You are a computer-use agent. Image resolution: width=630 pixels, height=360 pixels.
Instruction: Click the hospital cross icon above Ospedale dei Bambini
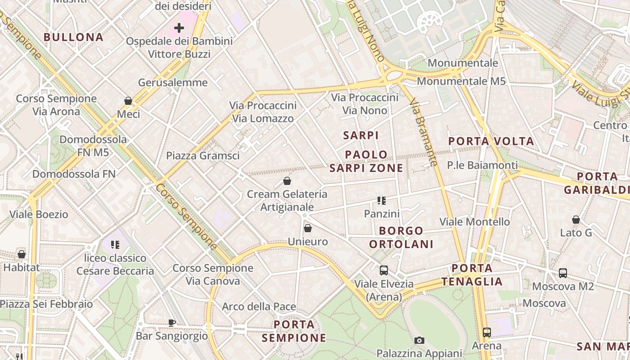click(x=179, y=28)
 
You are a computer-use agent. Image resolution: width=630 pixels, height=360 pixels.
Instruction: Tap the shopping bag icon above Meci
click(x=128, y=101)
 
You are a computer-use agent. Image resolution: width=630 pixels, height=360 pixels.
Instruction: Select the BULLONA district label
click(x=74, y=37)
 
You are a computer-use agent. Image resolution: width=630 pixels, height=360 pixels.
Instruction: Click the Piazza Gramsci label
click(x=203, y=156)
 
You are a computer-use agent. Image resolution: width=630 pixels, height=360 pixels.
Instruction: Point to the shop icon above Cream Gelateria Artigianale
click(x=287, y=181)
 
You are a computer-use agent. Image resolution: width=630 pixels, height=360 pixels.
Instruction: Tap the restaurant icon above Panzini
click(x=382, y=201)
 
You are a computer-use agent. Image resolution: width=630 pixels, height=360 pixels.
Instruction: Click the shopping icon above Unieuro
click(x=308, y=228)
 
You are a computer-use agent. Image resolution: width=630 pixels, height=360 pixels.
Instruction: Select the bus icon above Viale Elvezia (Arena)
click(x=384, y=270)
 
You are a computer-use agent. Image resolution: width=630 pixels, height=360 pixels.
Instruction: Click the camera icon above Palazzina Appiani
click(x=419, y=340)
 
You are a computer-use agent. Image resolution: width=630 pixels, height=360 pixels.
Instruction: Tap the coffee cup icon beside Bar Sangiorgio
click(x=172, y=322)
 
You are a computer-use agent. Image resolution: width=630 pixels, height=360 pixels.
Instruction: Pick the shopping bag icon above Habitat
click(x=22, y=254)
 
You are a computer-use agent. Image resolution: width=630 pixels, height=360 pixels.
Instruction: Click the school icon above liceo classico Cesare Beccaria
click(x=115, y=245)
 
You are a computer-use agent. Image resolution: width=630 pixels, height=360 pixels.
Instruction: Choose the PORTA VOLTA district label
click(x=491, y=141)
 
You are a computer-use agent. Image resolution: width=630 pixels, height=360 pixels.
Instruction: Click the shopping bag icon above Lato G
click(x=576, y=220)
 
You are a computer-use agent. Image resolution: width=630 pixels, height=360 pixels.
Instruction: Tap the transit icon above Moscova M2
click(x=563, y=273)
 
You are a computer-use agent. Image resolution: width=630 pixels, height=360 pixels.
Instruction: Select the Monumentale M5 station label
click(x=461, y=81)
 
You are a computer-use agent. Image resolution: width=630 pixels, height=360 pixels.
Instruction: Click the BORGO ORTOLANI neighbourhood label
click(x=401, y=238)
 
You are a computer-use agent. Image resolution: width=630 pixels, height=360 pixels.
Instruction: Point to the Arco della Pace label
click(x=259, y=307)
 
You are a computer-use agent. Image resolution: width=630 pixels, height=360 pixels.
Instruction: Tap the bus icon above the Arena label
click(x=486, y=333)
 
